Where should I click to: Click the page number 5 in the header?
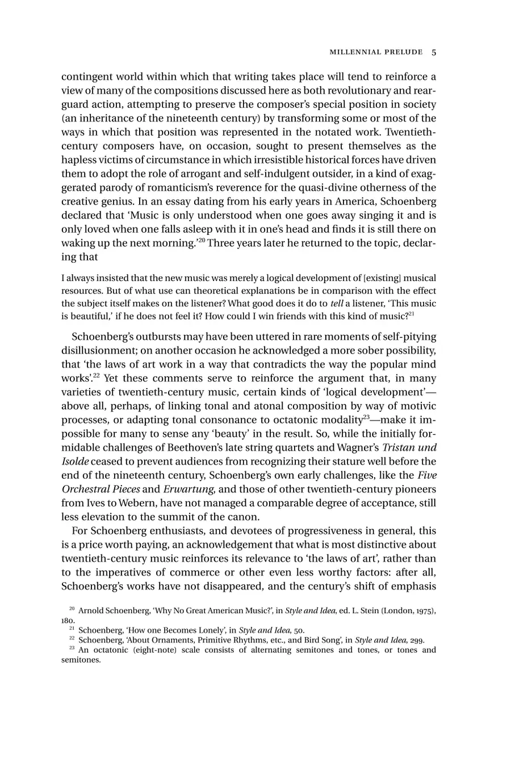point(434,52)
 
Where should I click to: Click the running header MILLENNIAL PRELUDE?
point(376,52)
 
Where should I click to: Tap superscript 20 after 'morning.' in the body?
point(200,240)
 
